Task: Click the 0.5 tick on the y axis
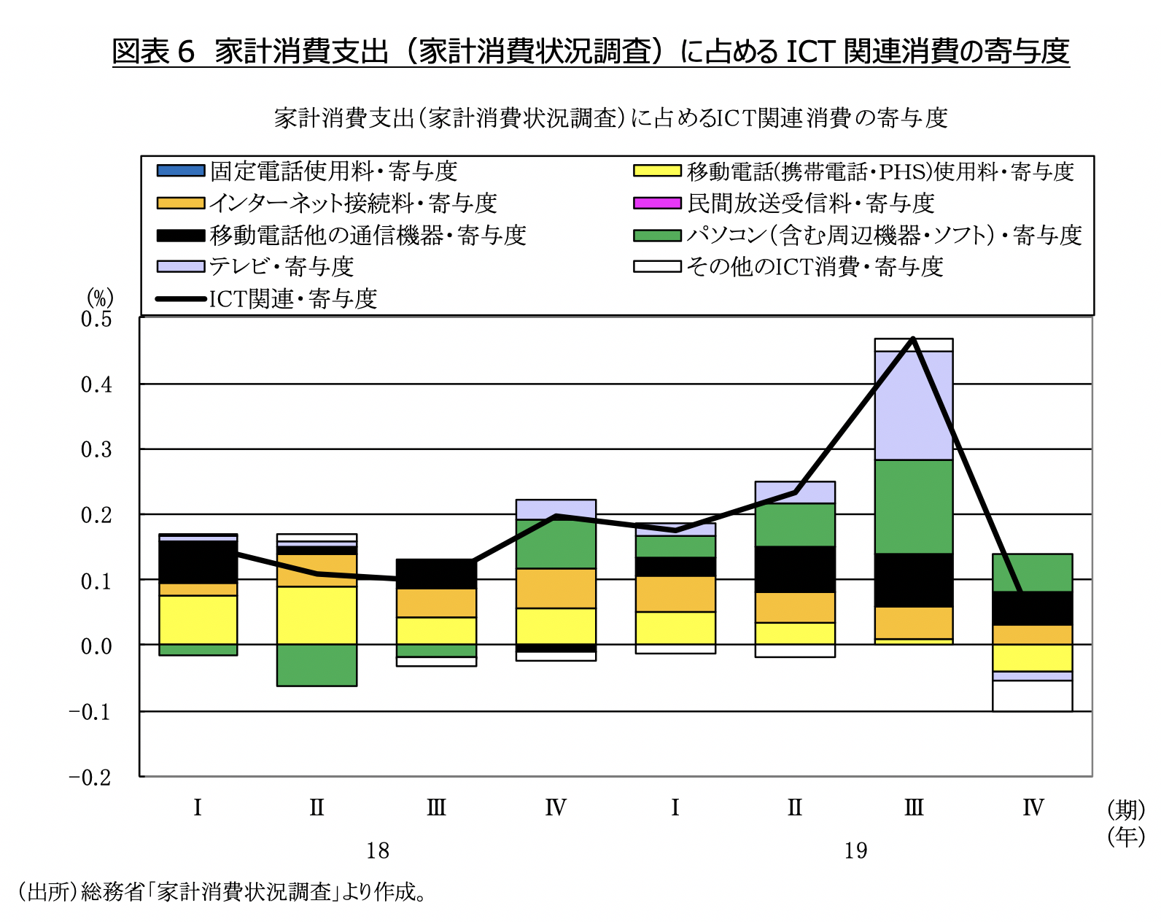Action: click(96, 319)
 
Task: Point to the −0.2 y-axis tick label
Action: click(90, 777)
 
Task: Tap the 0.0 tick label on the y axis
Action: click(96, 646)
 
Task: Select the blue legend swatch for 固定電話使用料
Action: click(180, 171)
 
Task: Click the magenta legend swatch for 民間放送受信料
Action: click(657, 203)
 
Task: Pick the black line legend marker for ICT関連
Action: click(180, 298)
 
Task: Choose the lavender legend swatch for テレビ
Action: click(180, 266)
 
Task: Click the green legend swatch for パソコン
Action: click(657, 235)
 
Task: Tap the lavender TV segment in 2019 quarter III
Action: click(913, 406)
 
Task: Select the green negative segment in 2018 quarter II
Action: click(317, 665)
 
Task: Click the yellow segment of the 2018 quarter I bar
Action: click(198, 620)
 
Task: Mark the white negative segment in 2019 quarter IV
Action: click(1032, 696)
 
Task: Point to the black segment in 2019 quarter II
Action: click(795, 569)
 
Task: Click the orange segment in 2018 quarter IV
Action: click(556, 588)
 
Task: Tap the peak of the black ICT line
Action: click(913, 339)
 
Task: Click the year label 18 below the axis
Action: click(378, 851)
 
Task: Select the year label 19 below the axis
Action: click(855, 851)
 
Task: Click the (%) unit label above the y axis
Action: click(100, 298)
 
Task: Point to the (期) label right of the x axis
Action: click(1125, 809)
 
